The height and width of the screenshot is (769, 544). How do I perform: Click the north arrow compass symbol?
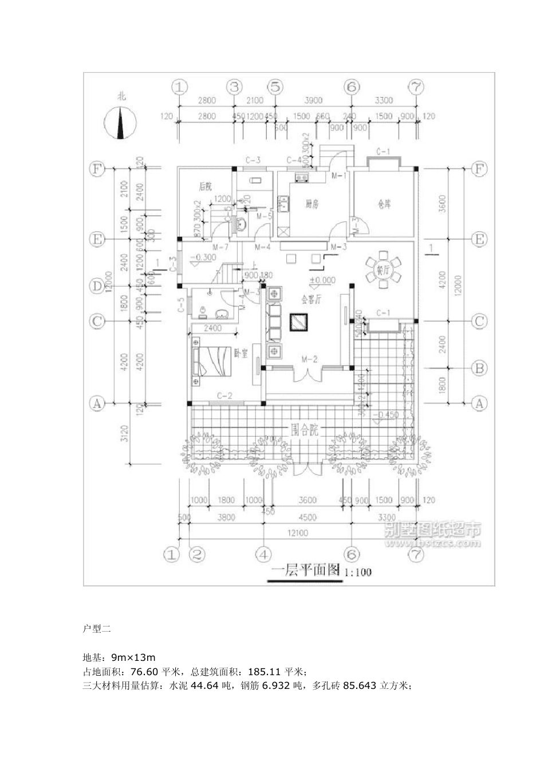[120, 122]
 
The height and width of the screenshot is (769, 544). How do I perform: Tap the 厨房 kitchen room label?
[312, 204]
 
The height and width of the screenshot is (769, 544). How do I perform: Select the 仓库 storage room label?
[384, 204]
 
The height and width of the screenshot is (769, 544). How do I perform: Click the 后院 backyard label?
[205, 187]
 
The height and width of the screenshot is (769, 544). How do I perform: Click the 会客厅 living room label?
[313, 299]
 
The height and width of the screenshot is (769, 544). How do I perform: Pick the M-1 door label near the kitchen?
[340, 176]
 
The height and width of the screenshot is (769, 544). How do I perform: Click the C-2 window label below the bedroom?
[224, 395]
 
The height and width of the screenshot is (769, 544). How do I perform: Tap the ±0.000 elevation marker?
[322, 280]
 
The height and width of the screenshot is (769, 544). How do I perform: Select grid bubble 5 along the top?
[275, 87]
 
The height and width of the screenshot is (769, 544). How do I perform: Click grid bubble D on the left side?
[97, 286]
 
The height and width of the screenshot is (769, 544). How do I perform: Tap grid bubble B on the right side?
[479, 368]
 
